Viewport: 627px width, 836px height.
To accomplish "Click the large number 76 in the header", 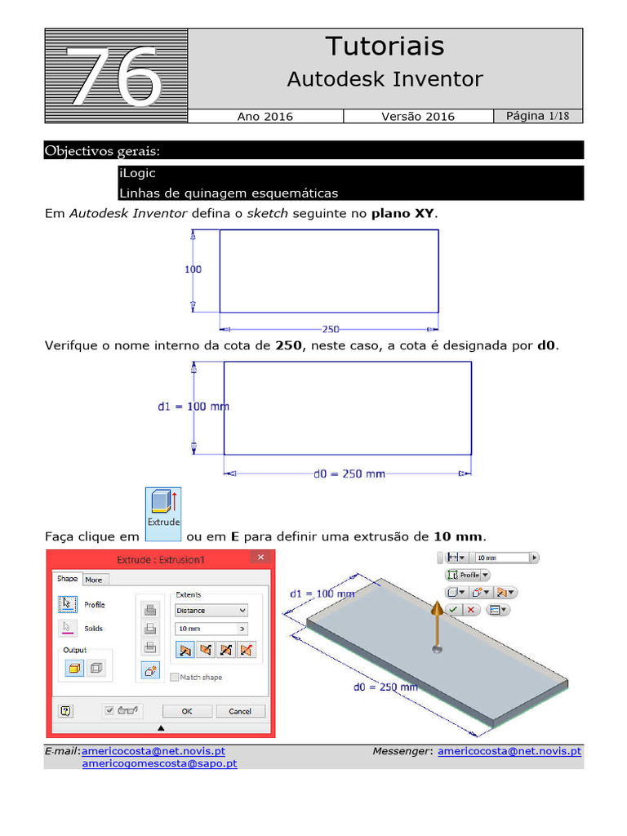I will [x=115, y=76].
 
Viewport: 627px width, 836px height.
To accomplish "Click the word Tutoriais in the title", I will [x=385, y=47].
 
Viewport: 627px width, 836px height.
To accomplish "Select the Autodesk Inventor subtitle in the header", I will [x=385, y=79].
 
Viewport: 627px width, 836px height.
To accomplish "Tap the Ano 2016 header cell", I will [x=265, y=117].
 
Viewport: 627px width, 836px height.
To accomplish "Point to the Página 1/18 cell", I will [x=538, y=116].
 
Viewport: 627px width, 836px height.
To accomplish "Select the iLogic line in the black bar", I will [x=137, y=174].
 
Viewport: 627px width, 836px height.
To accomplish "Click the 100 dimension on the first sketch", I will [x=193, y=269].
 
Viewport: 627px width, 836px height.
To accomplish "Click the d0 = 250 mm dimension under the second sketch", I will [x=349, y=474].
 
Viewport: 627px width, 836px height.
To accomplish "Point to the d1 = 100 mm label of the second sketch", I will [x=193, y=406].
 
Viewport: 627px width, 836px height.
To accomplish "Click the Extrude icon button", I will [x=163, y=514].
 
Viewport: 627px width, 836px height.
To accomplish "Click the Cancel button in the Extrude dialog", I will [x=240, y=711].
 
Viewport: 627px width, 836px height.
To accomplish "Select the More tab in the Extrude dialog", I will [x=94, y=580].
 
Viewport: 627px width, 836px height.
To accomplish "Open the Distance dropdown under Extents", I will [x=211, y=610].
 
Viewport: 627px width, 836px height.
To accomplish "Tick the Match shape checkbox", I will [x=175, y=677].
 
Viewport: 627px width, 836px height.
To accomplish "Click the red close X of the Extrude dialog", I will [x=261, y=558].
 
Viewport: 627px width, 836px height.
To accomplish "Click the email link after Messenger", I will [x=509, y=751].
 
